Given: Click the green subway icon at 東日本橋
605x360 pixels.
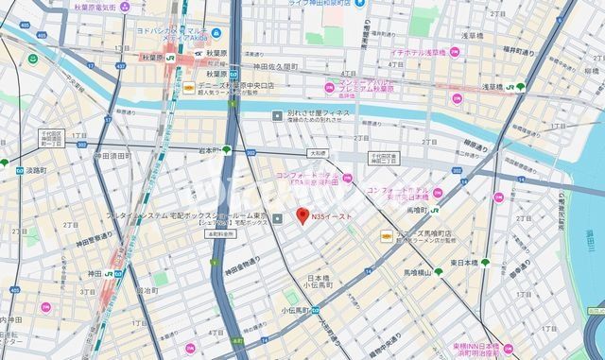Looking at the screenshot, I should (486, 263).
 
